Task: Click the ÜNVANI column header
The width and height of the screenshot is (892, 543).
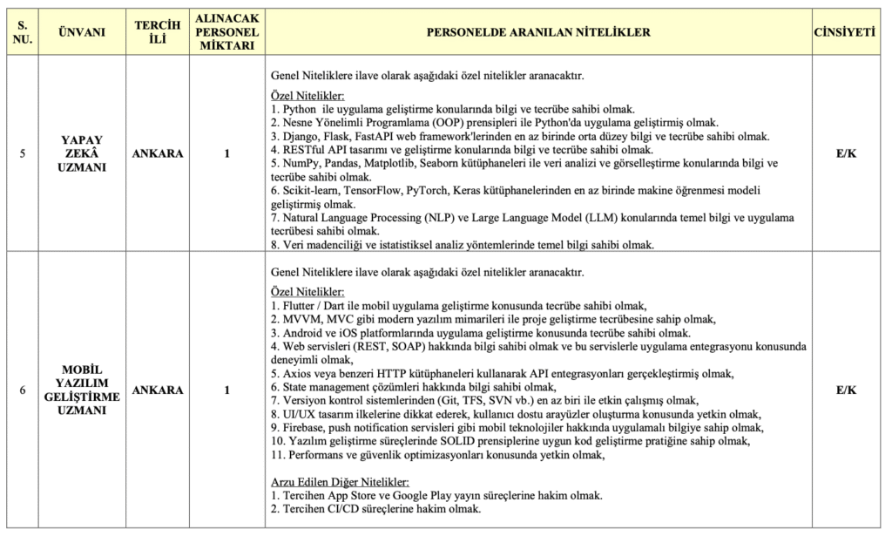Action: click(x=81, y=32)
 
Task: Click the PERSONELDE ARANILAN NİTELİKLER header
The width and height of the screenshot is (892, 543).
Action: click(x=538, y=32)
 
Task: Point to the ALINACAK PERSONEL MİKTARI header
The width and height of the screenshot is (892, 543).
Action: click(x=226, y=32)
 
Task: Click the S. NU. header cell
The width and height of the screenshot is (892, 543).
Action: click(x=22, y=32)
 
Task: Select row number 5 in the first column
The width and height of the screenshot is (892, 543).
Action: click(x=22, y=154)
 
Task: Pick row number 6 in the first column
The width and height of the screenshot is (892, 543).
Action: click(x=22, y=390)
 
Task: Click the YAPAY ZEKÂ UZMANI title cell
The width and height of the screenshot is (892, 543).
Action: click(x=82, y=153)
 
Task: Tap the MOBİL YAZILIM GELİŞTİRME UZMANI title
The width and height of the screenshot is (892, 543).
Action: click(x=82, y=390)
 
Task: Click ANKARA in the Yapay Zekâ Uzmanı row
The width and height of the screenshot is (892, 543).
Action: click(x=158, y=154)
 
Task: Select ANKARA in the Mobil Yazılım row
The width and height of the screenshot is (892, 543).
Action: click(x=158, y=390)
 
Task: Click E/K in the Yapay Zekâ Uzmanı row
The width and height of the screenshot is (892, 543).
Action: click(x=846, y=154)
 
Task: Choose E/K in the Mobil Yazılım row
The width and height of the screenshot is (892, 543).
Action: click(x=846, y=390)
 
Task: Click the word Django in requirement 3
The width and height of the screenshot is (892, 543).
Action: click(x=301, y=136)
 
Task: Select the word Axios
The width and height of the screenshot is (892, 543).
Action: click(x=297, y=374)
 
